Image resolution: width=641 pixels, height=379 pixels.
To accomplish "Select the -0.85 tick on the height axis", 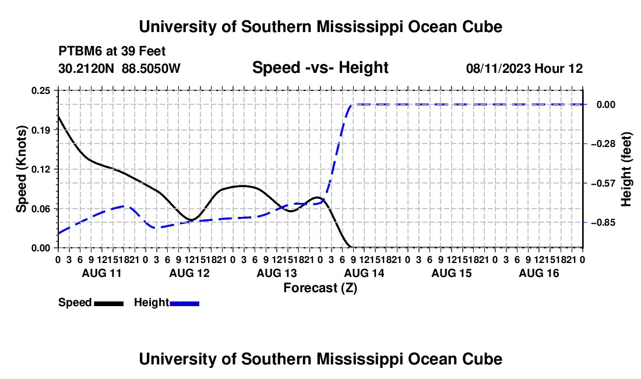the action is coord(603,223).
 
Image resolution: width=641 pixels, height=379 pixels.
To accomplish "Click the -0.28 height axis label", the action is coord(603,144).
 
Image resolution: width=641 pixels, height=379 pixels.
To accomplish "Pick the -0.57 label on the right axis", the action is coord(603,183).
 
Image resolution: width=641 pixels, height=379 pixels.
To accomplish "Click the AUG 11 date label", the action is coord(102,273).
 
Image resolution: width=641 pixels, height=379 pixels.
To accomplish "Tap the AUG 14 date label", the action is coord(364,273).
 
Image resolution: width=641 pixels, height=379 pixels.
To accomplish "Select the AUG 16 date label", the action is coord(539,273).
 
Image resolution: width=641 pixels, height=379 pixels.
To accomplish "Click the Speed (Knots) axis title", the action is coord(21,169).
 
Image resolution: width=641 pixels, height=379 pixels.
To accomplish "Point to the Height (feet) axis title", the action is coord(626,169).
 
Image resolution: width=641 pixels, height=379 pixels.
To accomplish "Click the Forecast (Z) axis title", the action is coord(320,288).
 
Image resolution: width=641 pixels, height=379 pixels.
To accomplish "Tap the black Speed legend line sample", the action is coord(109,303).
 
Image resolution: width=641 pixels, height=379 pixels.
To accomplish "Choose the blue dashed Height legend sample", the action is coord(184,303).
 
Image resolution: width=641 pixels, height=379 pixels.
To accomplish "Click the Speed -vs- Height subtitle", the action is coord(320,68).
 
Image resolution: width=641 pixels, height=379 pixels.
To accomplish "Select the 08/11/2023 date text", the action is coord(498,68).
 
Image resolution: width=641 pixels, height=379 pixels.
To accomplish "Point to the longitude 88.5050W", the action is coord(151,68).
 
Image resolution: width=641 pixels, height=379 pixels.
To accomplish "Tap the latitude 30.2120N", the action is coord(86,68).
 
